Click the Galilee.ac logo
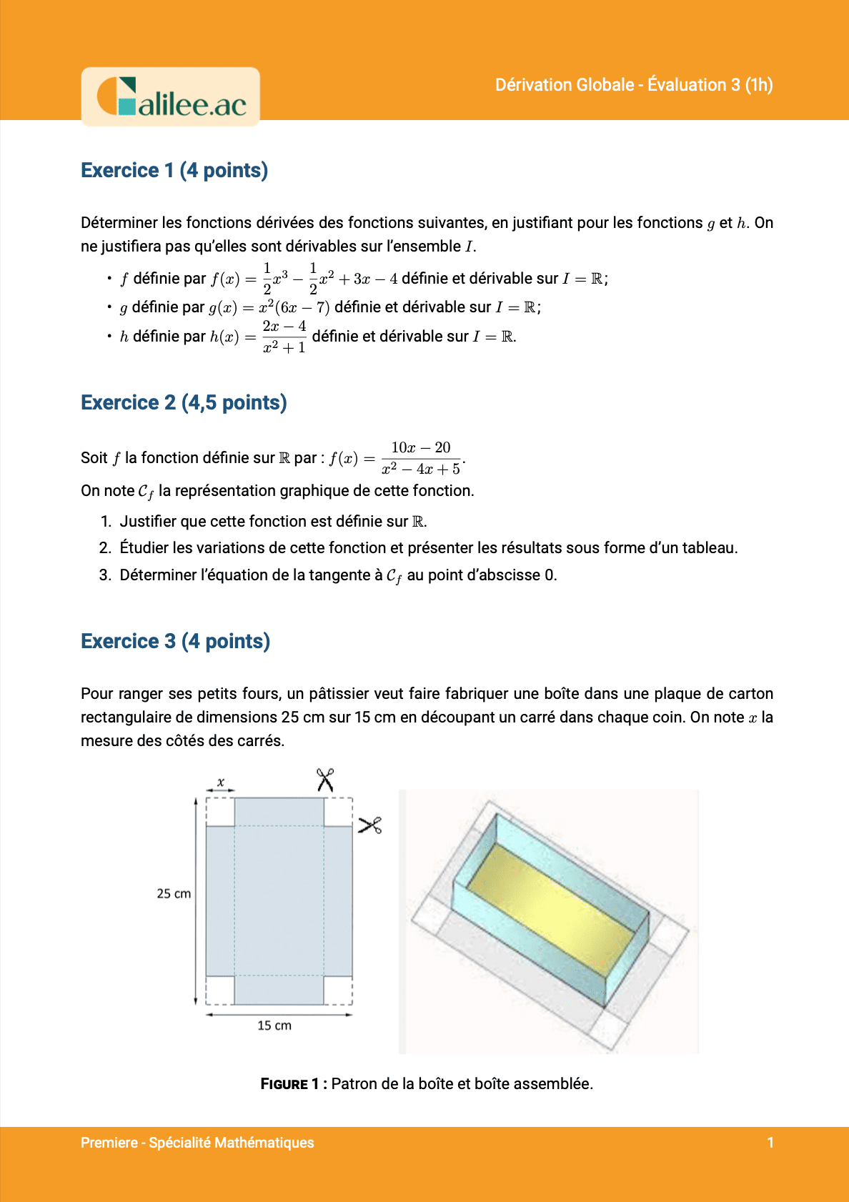click(171, 97)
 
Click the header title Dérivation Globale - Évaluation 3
click(634, 85)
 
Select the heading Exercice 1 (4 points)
click(174, 171)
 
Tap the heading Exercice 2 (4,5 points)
click(184, 403)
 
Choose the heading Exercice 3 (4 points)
click(175, 642)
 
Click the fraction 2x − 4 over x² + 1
click(284, 337)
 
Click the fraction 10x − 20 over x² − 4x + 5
click(421, 458)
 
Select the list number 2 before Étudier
click(105, 548)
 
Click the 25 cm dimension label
click(174, 894)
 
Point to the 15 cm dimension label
click(274, 1025)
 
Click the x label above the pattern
click(221, 783)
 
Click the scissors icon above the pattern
click(325, 780)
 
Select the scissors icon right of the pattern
click(370, 825)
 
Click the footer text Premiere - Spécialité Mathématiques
click(197, 1143)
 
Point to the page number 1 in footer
click(770, 1143)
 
